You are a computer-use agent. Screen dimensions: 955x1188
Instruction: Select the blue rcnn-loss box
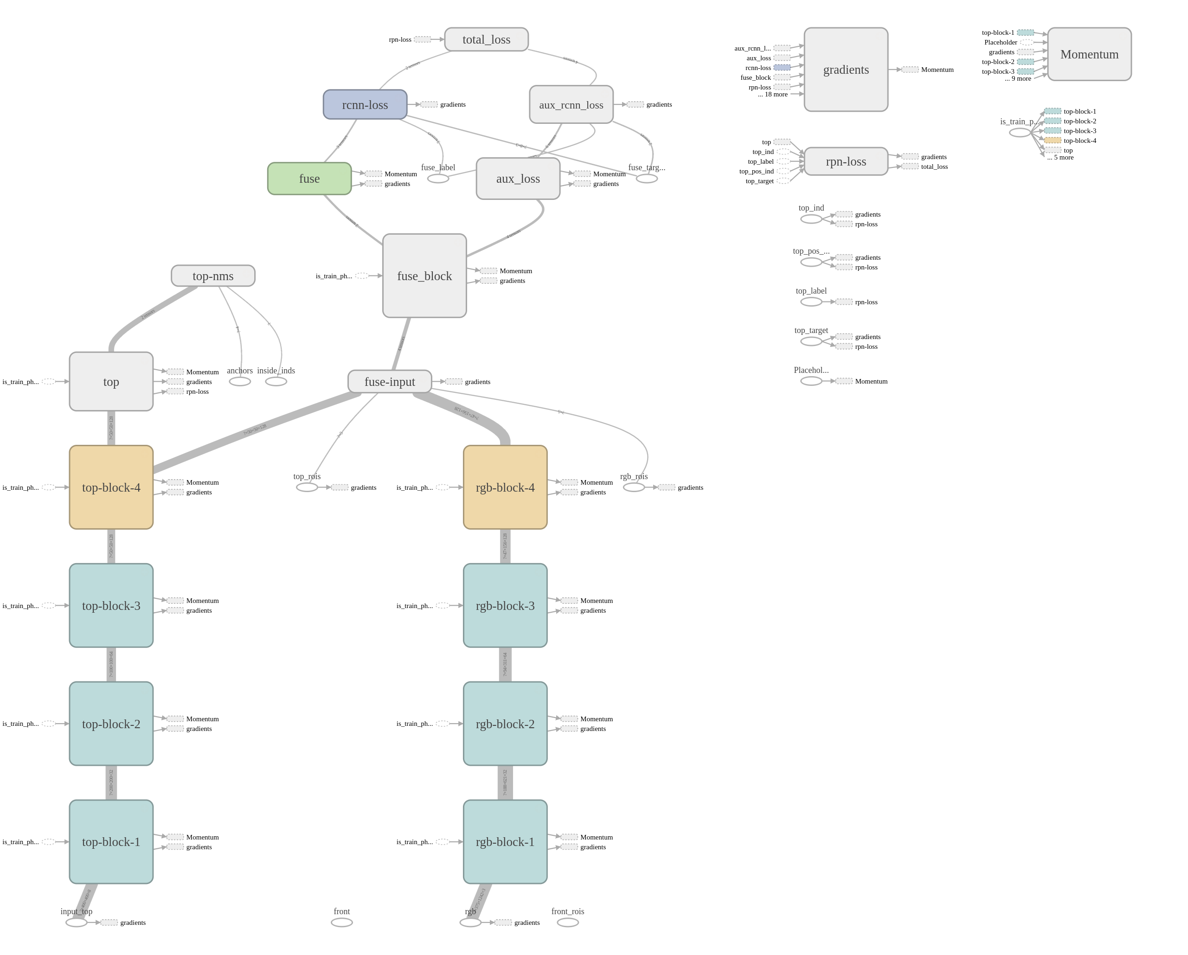[365, 105]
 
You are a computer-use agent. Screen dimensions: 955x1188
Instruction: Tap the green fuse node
[309, 179]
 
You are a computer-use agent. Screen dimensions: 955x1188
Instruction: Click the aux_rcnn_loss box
[571, 105]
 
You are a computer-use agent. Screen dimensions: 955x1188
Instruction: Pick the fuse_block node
[424, 276]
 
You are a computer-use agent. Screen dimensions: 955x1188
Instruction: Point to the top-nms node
[213, 276]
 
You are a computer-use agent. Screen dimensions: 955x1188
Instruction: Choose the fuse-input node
[390, 381]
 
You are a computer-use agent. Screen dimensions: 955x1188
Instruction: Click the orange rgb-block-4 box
[505, 487]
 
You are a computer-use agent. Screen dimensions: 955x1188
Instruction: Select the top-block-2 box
[111, 724]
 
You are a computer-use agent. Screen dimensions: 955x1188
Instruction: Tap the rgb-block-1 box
[505, 841]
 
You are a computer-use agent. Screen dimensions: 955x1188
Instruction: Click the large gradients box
[846, 70]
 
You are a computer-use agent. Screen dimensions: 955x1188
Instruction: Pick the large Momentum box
[1089, 54]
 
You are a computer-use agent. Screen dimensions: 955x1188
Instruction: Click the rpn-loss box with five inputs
[846, 161]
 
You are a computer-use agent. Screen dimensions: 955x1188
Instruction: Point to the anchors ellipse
[240, 381]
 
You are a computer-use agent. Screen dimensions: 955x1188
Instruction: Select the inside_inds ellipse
[276, 381]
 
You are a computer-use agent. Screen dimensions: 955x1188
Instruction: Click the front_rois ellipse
[567, 923]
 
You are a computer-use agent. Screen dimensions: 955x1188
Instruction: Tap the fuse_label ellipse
[438, 179]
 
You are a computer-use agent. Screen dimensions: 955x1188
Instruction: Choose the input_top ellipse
[77, 923]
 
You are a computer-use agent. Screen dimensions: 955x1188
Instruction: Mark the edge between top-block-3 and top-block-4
[111, 546]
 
